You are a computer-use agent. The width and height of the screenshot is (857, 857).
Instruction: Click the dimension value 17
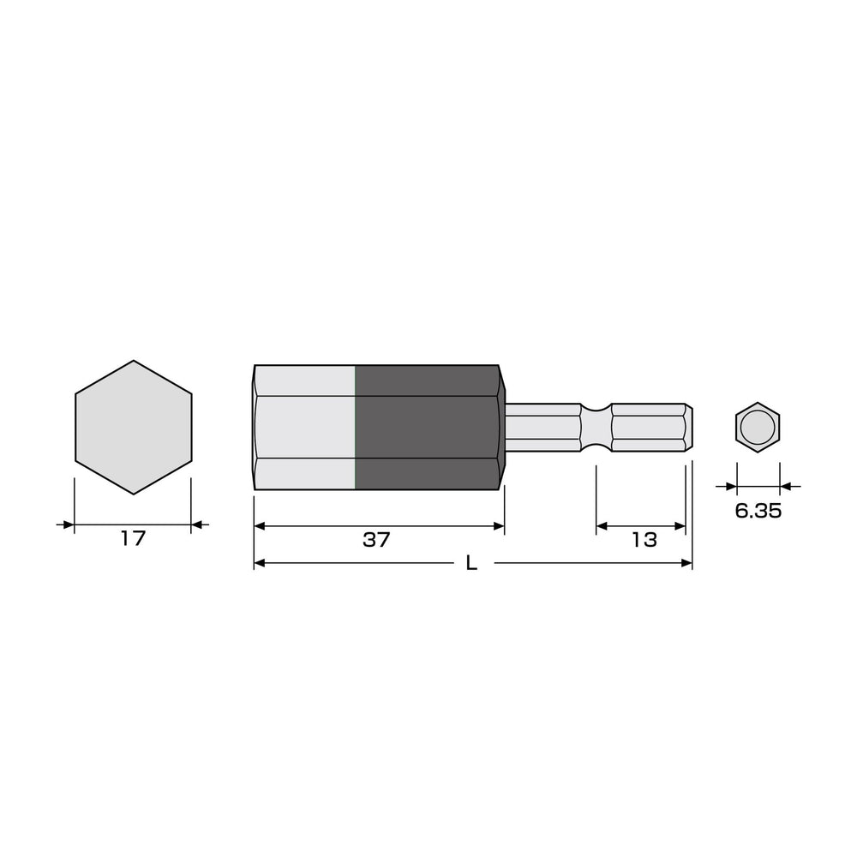134,538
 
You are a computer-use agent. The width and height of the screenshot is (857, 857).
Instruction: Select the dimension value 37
376,540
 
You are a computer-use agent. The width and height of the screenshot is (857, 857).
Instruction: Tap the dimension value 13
644,540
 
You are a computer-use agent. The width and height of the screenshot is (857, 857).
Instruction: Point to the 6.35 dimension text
758,511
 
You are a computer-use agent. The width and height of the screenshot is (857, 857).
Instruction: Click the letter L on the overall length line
471,563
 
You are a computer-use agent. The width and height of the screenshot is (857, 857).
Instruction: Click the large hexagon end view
134,428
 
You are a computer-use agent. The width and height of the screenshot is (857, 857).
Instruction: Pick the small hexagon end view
758,428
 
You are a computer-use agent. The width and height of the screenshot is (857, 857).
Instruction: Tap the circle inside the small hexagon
758,428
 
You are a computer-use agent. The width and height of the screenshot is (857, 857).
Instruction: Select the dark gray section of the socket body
428,428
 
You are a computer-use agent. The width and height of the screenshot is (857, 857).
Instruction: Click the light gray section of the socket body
305,428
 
